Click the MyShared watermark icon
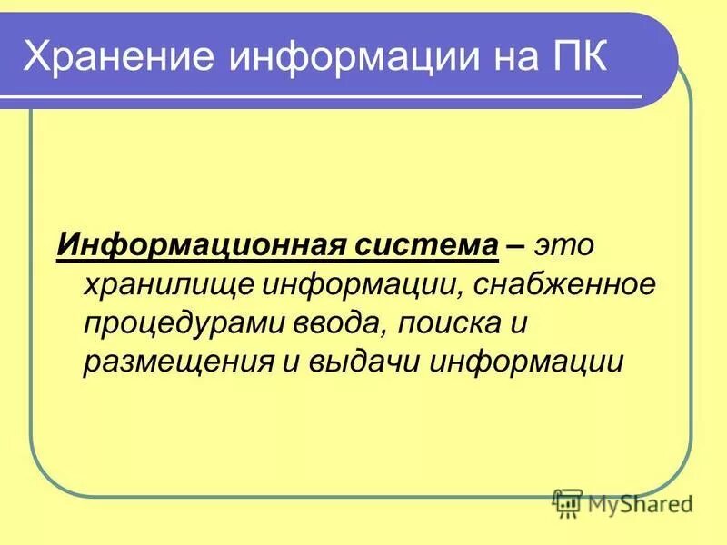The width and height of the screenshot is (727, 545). [567, 501]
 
